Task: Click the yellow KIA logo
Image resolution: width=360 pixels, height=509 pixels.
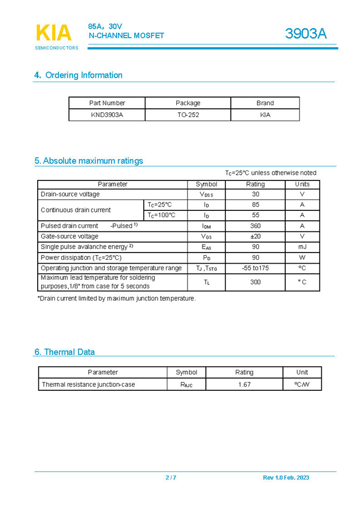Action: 53,33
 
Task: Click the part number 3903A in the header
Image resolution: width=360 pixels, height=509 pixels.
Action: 306,34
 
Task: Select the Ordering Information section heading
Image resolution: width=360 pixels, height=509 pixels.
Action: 78,75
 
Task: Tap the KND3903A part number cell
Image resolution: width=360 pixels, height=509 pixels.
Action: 107,115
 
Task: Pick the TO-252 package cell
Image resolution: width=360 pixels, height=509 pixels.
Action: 188,115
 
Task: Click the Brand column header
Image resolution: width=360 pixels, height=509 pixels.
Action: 265,103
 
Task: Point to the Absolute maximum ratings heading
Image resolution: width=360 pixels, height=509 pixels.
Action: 89,161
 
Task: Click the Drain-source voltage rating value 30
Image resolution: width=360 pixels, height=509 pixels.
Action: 255,194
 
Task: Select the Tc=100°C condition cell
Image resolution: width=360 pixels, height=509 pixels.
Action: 161,215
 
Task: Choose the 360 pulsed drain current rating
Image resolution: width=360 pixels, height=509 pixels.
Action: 255,226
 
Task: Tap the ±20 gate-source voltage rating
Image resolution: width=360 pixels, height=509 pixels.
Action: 255,236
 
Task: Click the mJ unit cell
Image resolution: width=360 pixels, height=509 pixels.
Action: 302,247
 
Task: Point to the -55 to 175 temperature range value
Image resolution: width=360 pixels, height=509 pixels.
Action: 255,268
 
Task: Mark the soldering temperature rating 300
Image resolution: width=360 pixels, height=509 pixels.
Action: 255,282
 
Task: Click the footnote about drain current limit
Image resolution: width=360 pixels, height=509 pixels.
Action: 116,299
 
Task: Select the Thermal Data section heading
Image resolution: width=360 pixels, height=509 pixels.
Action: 64,352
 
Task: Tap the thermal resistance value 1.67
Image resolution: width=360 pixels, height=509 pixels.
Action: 244,384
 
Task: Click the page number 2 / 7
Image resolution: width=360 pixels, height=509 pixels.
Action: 171,478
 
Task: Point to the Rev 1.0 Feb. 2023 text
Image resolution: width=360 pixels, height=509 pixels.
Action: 286,478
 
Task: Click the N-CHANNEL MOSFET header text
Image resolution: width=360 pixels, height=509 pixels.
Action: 126,36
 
